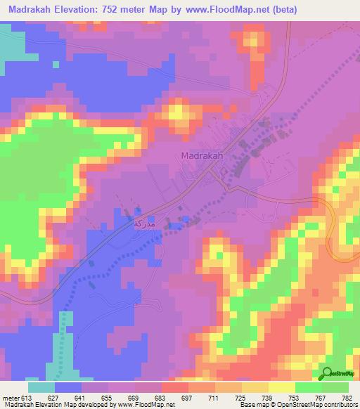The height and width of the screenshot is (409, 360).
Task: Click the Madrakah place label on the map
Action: coord(202,156)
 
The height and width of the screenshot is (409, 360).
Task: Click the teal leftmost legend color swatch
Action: coord(41,387)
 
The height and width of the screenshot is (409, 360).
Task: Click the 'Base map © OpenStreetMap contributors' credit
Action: coord(296,404)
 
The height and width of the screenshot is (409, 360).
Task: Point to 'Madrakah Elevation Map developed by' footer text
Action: coord(65,404)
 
